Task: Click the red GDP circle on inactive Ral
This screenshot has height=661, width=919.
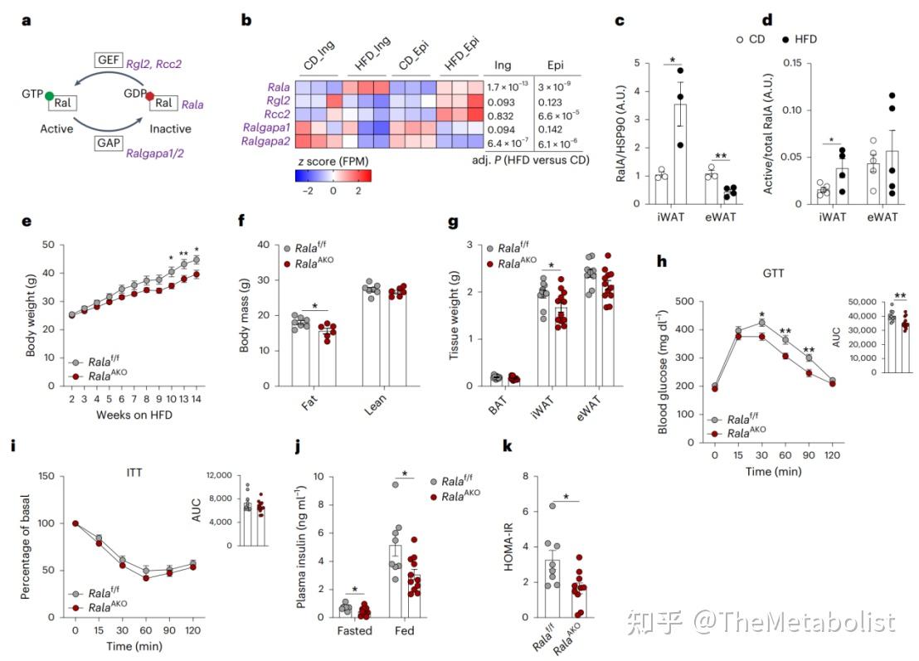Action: (149, 97)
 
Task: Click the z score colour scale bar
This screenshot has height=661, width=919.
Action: (333, 176)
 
